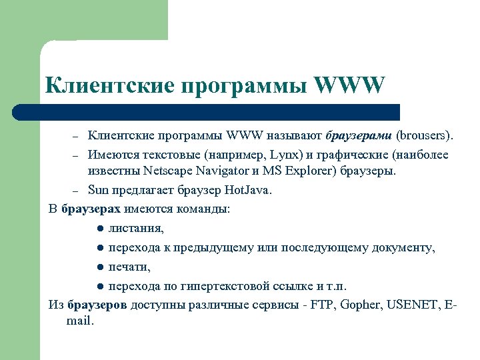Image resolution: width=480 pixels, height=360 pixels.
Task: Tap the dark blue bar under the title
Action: tap(220, 111)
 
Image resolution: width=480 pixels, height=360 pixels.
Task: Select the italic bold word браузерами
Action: tap(359, 137)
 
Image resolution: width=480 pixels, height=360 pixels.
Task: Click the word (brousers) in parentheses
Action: tap(425, 137)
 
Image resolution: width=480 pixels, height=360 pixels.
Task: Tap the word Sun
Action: tap(98, 190)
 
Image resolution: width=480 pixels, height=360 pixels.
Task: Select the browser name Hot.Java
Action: tap(249, 190)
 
